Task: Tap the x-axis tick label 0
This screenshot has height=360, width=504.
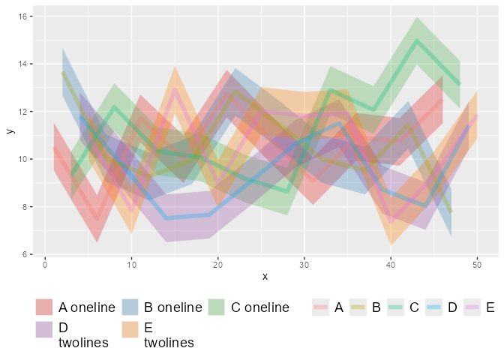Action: (45, 265)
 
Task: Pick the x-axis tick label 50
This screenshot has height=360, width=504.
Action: (477, 265)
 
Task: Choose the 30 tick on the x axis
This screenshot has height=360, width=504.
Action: (304, 265)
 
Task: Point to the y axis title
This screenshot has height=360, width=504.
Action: (9, 130)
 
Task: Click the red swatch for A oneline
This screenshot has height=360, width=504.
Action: (45, 307)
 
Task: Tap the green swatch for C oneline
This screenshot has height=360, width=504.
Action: (217, 307)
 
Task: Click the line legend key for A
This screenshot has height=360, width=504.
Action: (320, 307)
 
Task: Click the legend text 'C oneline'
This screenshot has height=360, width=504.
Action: (259, 307)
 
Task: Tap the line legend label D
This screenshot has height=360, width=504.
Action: (452, 307)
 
